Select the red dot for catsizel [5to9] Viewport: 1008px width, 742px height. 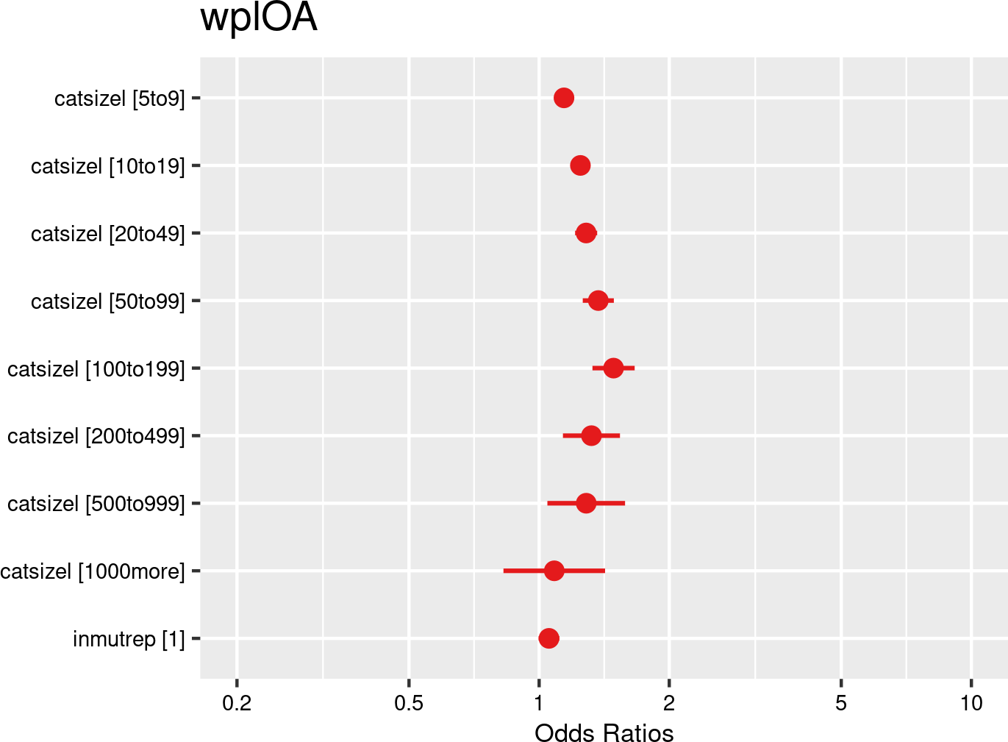point(564,98)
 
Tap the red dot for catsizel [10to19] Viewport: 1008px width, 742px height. point(580,165)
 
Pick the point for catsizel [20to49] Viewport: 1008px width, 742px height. point(586,233)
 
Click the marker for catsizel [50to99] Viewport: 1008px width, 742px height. point(598,301)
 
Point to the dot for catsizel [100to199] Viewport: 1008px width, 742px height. point(613,368)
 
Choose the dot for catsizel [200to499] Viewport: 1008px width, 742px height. point(591,436)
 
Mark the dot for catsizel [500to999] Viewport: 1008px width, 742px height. point(586,504)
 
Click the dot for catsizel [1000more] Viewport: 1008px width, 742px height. point(554,571)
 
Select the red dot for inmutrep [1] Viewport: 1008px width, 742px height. point(548,638)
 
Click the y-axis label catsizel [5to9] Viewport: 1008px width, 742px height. point(120,99)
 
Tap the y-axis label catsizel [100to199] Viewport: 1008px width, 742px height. point(96,368)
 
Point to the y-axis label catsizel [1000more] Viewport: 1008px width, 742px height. point(93,571)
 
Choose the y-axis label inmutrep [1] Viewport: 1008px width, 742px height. point(129,639)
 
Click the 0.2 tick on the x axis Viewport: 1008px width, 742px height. point(237,704)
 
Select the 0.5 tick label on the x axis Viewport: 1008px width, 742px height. point(409,704)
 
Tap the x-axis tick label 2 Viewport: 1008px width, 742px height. point(669,704)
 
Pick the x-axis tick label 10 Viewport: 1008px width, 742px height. point(971,704)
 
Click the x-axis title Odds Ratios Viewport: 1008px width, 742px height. point(604,733)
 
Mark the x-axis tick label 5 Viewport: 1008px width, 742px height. point(841,704)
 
